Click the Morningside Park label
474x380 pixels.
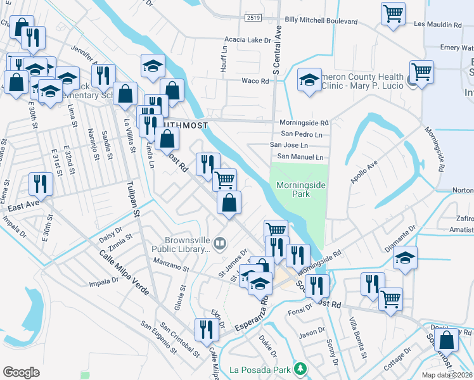(302, 189)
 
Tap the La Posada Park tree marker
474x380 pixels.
(302, 369)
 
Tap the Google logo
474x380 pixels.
(21, 372)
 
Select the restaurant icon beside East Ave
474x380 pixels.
(41, 184)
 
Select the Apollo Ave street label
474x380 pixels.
(365, 171)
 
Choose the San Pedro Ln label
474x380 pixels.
(305, 134)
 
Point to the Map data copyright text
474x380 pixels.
(447, 375)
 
